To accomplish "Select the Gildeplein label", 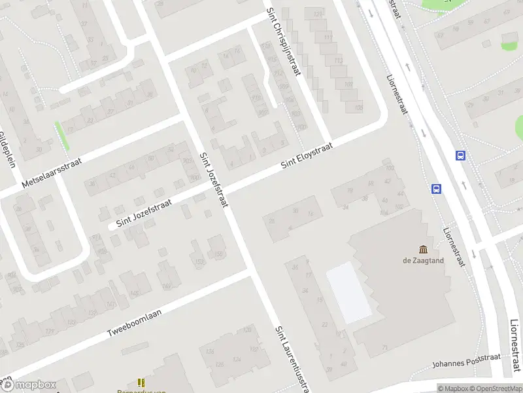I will tap(7, 149).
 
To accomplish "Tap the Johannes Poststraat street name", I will tap(466, 361).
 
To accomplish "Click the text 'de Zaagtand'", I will tap(423, 259).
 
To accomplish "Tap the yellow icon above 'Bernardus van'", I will tap(141, 382).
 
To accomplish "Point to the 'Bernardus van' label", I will tap(145, 390).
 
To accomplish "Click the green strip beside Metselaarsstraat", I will tap(63, 136).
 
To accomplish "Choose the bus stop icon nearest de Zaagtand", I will tap(436, 189).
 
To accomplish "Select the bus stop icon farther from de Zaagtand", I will tap(461, 156).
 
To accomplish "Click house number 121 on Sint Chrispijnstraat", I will tap(318, 14).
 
